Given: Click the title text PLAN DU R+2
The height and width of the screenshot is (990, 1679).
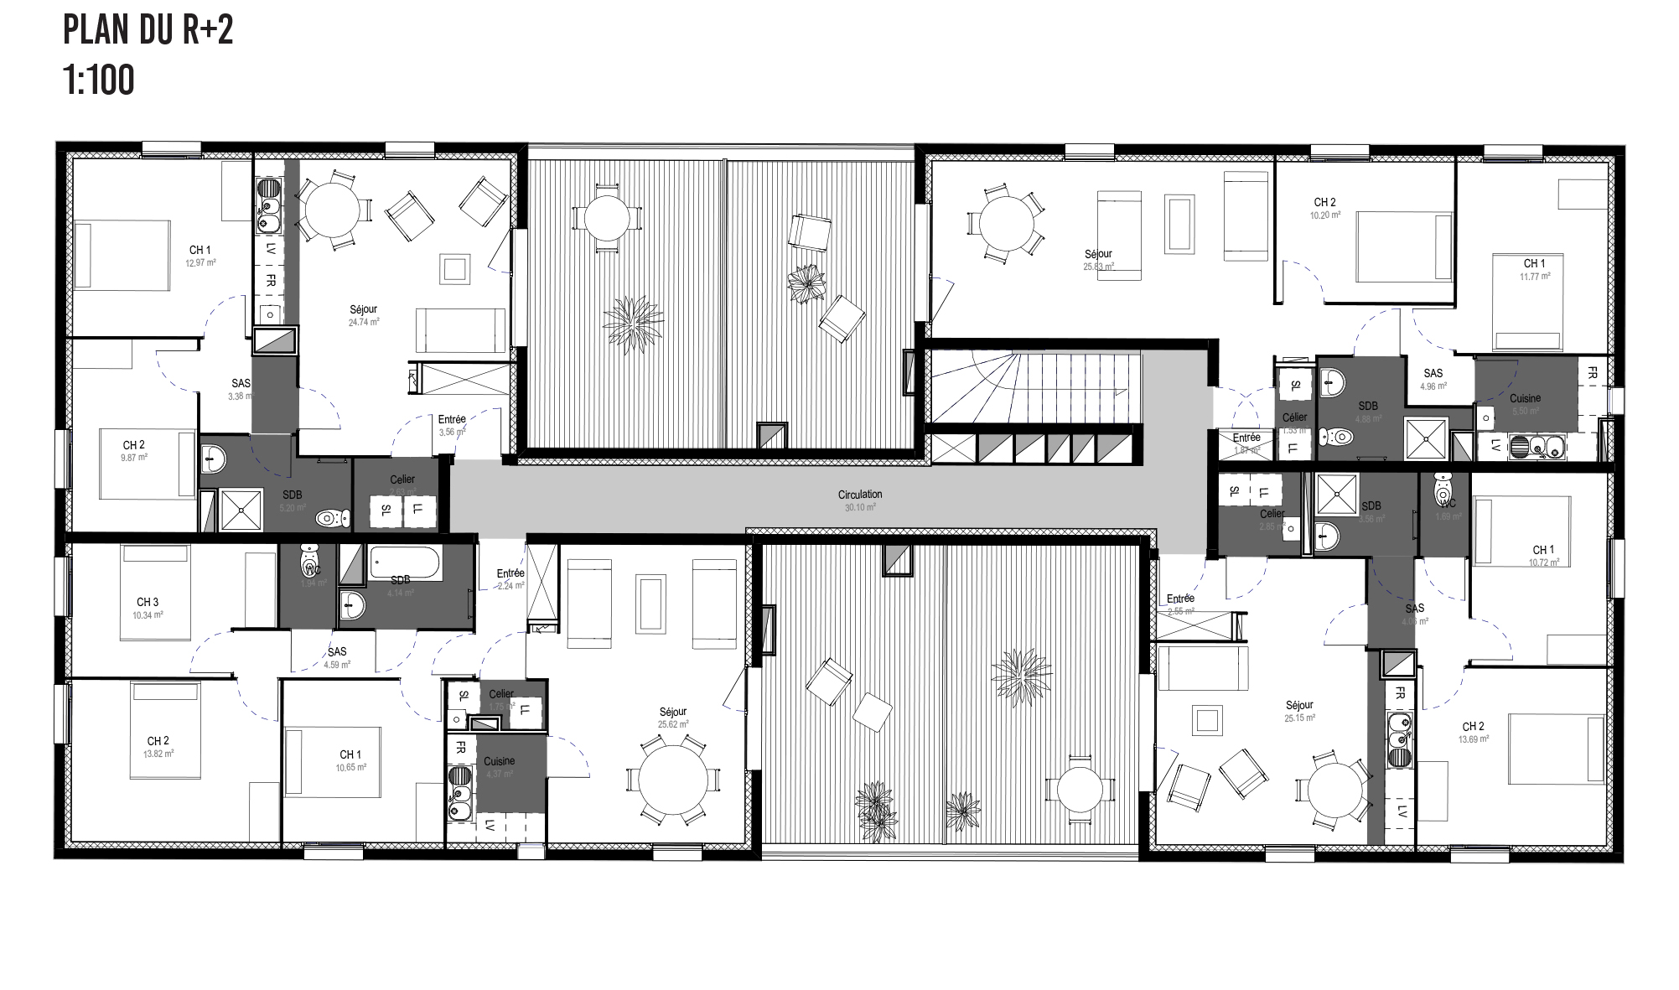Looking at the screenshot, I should [148, 30].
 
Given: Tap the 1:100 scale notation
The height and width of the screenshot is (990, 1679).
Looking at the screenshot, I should [98, 81].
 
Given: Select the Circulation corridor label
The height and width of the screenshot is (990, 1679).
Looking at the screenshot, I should [859, 495].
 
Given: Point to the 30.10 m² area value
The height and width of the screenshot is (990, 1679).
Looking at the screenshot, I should [859, 507].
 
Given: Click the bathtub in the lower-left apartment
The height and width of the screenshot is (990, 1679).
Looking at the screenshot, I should [406, 562].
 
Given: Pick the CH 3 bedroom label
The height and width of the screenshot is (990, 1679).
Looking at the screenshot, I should [148, 602].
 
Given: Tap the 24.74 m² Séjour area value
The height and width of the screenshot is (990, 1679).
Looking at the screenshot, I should [364, 322].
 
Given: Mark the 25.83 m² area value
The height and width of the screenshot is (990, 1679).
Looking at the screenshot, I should [1098, 267].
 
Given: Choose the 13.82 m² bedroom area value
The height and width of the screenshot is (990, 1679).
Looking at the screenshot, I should [158, 754].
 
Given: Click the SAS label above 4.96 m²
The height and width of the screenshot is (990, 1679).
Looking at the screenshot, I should [1433, 374].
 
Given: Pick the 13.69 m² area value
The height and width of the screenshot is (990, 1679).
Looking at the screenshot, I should [1473, 739].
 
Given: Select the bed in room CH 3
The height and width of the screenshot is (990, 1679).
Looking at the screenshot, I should [154, 593].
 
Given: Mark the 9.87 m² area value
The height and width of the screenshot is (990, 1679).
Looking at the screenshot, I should [134, 458].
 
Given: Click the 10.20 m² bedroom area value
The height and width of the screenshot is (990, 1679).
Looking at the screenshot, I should [1324, 215].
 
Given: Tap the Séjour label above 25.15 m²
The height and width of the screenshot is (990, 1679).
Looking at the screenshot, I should [1299, 705].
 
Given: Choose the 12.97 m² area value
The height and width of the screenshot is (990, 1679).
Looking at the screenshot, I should [200, 262].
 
